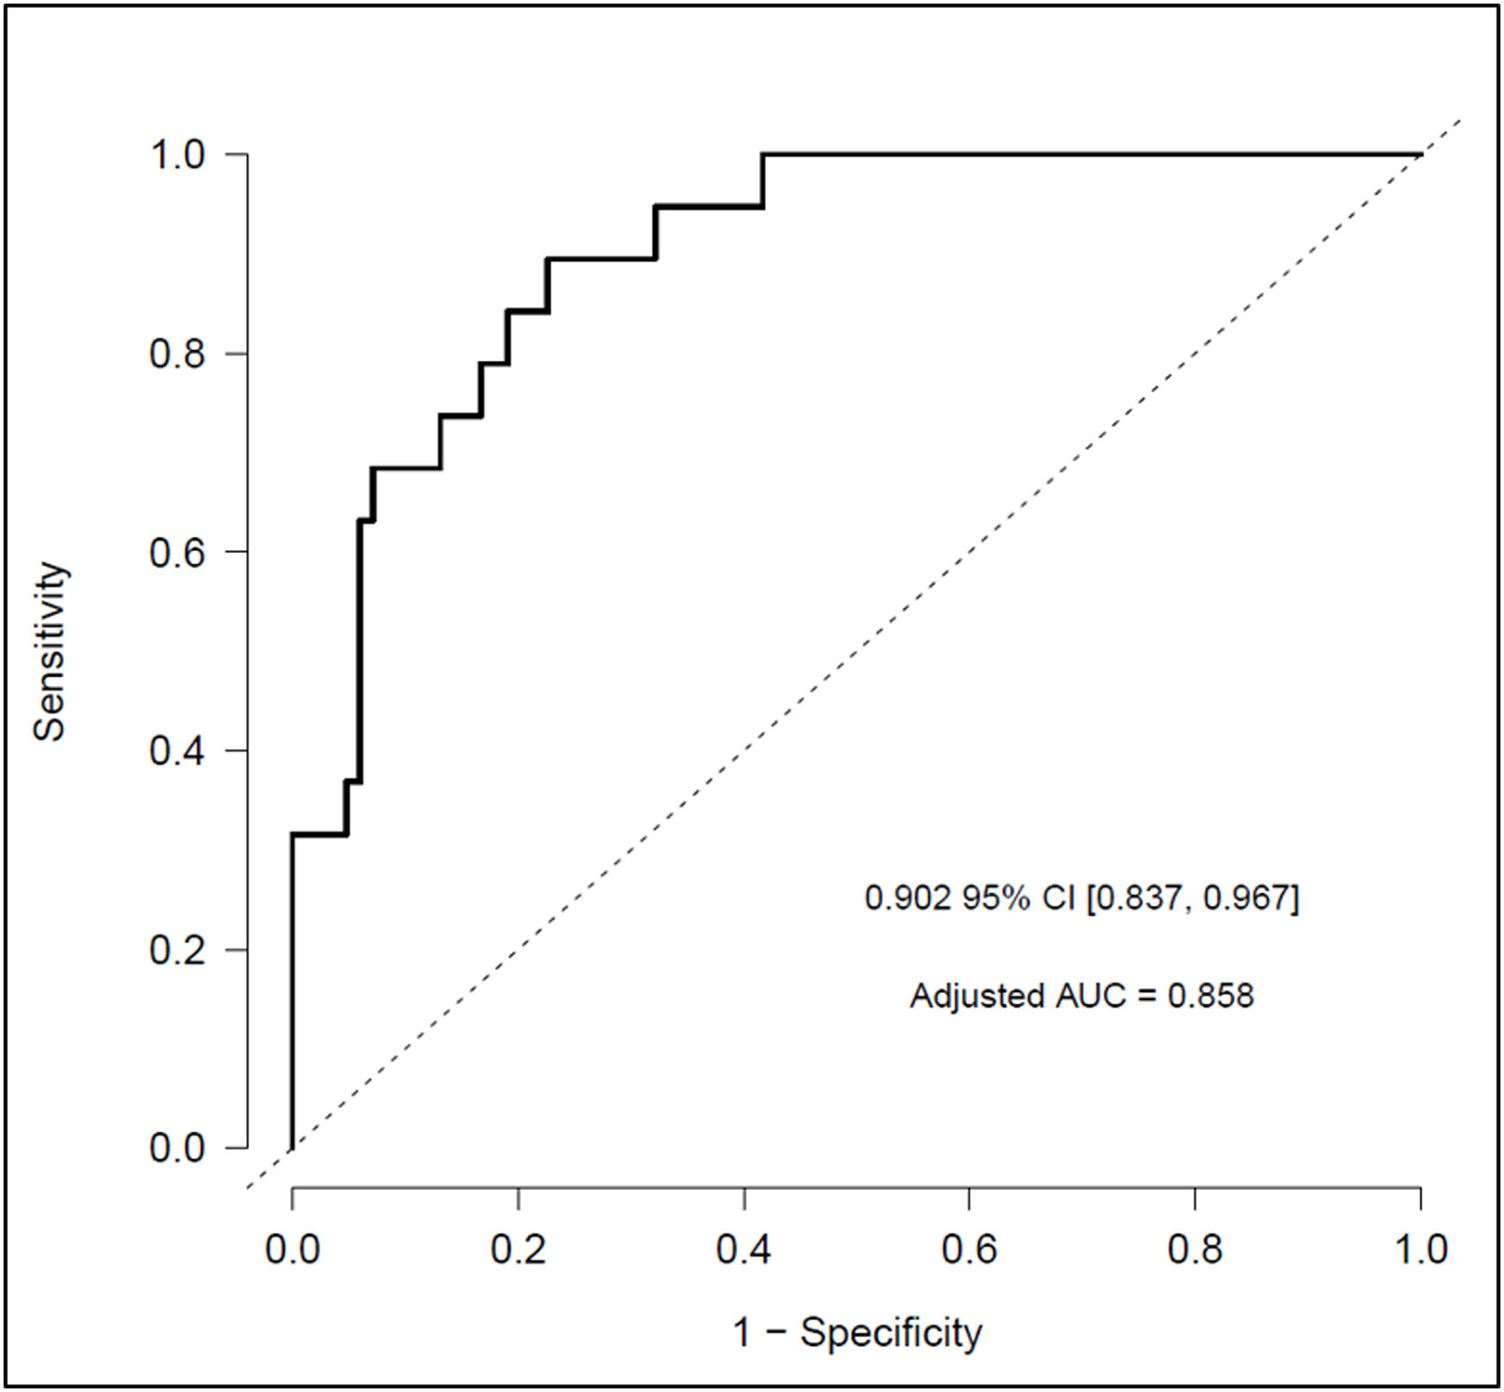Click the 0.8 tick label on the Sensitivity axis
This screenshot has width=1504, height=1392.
tap(177, 354)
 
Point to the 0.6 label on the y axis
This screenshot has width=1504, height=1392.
tap(177, 551)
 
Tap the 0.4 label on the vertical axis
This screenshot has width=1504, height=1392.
tap(177, 750)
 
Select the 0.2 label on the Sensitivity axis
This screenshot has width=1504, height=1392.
tap(177, 950)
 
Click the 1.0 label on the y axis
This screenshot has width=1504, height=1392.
tap(177, 154)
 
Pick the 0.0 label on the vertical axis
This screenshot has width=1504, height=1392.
tap(177, 1148)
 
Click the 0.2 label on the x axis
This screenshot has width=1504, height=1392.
tap(518, 1249)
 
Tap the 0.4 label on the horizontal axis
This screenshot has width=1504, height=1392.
tap(743, 1249)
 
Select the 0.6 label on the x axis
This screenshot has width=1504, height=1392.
tap(969, 1249)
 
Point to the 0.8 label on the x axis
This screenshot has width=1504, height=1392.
tap(1195, 1249)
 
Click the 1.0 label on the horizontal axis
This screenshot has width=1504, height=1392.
tap(1420, 1249)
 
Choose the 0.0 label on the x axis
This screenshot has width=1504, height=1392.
tap(293, 1249)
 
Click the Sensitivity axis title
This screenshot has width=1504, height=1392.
tap(50, 651)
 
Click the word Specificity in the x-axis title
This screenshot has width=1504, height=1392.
tap(891, 1334)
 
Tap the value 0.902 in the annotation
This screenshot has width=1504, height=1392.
tap(907, 897)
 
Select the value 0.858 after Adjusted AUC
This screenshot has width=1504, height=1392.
tap(1209, 995)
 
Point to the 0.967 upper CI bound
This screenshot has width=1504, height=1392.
tap(1246, 897)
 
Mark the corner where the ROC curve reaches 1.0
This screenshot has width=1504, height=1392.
tap(763, 155)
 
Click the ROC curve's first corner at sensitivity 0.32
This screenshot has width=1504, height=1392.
tap(293, 835)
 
